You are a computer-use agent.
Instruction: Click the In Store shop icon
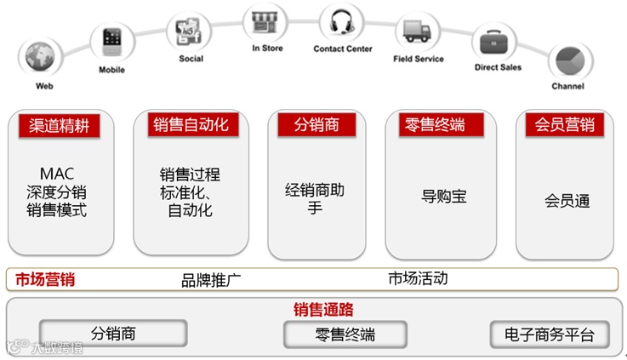[x=265, y=21]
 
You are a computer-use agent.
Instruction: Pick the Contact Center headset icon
[x=341, y=22]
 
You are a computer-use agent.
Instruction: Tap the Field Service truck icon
[x=417, y=32]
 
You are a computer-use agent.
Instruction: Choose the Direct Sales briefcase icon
[x=496, y=42]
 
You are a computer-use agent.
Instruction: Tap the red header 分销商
[x=316, y=124]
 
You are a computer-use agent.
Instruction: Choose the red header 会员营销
[x=564, y=124]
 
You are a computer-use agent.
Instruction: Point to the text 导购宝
[x=443, y=197]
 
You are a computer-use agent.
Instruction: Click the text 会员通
[x=567, y=202]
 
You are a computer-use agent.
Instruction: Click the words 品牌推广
[x=211, y=279]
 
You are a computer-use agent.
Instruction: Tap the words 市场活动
[x=418, y=278]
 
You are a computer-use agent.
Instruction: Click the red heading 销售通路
[x=323, y=309]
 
